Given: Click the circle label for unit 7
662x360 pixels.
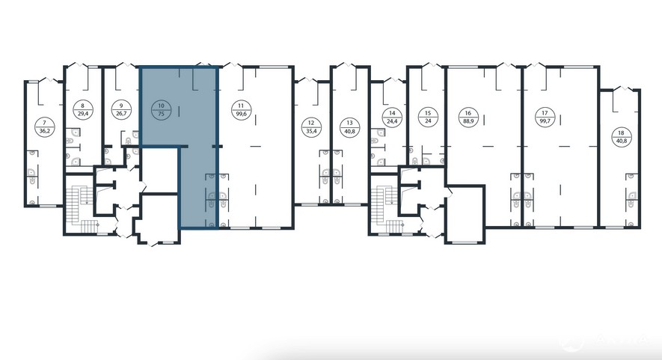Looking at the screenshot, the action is point(44,126).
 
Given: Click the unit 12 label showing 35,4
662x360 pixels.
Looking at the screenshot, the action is point(311,126).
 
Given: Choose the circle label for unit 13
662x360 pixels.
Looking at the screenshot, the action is point(349,126).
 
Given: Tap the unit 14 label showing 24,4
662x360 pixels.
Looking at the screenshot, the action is point(392,117).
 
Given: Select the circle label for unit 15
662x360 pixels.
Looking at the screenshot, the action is point(428,117).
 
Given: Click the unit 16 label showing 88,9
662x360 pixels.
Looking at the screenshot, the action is point(468,117).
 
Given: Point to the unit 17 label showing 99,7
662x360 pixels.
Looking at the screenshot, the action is point(545,117).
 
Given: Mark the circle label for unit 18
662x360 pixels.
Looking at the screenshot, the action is point(622,137).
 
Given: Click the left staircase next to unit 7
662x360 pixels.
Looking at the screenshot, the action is point(80,205).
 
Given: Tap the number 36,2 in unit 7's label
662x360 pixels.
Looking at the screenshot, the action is point(44,132).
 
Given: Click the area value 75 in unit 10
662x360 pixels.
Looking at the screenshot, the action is point(161,114).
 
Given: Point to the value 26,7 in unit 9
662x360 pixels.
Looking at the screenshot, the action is point(121,114).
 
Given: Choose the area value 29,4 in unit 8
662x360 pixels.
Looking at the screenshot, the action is point(82,114).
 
